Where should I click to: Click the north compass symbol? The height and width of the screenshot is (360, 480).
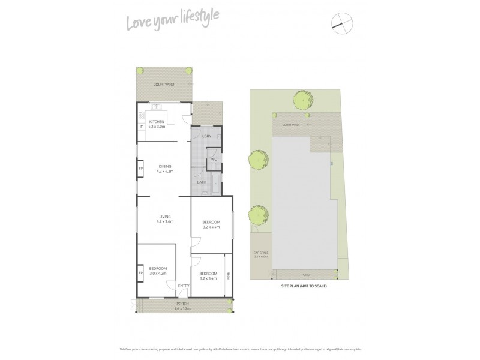[x=340, y=22]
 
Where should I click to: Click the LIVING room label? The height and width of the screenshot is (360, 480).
[x=164, y=217]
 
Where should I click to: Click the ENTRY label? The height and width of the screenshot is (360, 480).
[x=184, y=285]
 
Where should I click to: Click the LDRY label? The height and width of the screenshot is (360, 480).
[x=206, y=136]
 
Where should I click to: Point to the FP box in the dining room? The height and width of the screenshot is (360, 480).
[x=141, y=169]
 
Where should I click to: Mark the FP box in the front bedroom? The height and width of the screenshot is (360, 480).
[x=141, y=273]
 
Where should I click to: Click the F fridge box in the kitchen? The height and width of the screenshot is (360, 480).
[x=142, y=127]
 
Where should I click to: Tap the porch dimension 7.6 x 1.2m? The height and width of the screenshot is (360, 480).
[x=182, y=309]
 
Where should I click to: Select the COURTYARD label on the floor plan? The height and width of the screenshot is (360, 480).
[x=163, y=85]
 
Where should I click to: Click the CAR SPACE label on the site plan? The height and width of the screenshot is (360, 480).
[x=260, y=254]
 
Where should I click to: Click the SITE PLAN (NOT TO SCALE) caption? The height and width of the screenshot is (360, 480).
[x=304, y=286]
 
